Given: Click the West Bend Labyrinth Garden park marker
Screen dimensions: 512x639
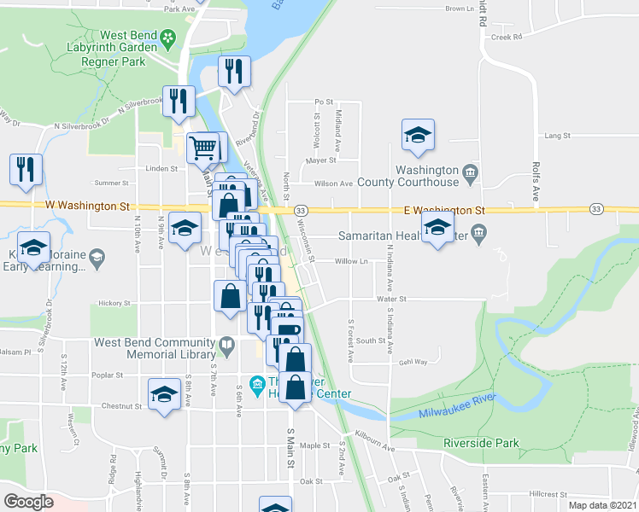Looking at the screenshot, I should coord(168,38).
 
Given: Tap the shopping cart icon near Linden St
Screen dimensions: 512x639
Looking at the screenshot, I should coord(203,148).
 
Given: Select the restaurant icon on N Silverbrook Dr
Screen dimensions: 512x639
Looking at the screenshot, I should coord(179,102).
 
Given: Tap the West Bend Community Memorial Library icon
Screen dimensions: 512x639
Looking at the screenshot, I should coord(226,346).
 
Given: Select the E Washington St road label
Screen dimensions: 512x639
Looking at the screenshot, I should coord(444,209).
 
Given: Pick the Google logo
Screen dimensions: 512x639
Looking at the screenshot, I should coord(28,502).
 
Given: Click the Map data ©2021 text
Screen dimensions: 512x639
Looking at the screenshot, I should coord(602,505).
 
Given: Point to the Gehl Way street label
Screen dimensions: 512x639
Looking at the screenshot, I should coord(413,362).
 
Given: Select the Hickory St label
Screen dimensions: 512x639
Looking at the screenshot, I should coord(114,302).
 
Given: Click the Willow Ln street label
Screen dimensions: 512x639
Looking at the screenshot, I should coord(351,261).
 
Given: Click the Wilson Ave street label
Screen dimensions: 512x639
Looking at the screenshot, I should coord(333,183).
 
